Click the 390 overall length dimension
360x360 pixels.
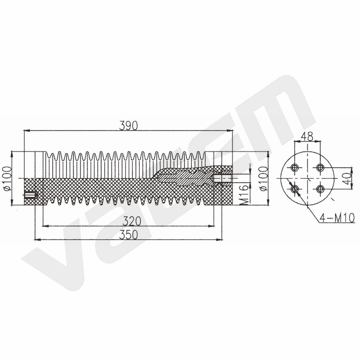pos(128,126)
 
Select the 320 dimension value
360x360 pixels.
pos(132,221)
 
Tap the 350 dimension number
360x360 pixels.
pos(129,234)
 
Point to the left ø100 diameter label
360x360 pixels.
pos(8,179)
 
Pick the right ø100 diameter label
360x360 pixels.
pos(264,179)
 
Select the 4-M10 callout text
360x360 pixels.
pos(337,218)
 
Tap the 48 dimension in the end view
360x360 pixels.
pos(307,137)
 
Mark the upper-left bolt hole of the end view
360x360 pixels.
pos(294,167)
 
